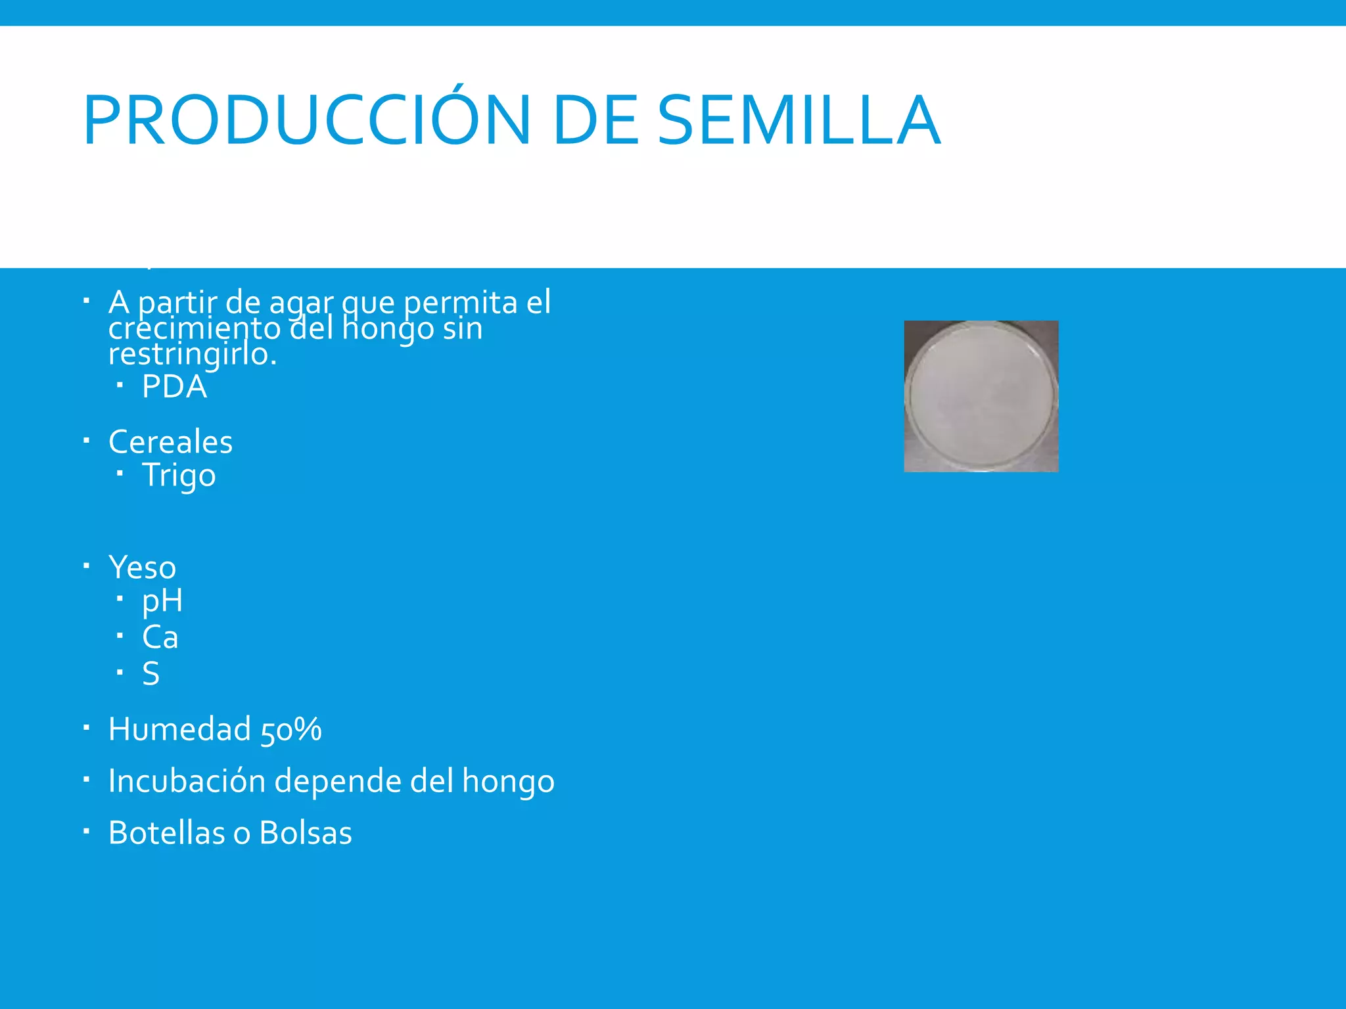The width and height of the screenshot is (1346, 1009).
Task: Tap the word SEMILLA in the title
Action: pyautogui.click(x=799, y=120)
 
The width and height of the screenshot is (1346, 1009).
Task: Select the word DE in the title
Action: pyautogui.click(x=595, y=120)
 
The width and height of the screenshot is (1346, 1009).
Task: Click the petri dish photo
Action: pyautogui.click(x=981, y=396)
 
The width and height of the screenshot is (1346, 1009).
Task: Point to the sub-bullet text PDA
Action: pyautogui.click(x=174, y=386)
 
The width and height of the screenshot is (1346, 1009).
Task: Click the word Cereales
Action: pyautogui.click(x=170, y=441)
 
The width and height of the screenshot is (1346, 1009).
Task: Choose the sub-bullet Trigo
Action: pyautogui.click(x=179, y=475)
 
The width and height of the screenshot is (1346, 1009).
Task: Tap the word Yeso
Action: pyautogui.click(x=142, y=567)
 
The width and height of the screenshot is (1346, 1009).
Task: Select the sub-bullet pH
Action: pyautogui.click(x=162, y=600)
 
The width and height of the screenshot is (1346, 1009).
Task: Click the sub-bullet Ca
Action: pyautogui.click(x=160, y=637)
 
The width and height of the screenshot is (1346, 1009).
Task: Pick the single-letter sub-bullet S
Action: pyautogui.click(x=151, y=674)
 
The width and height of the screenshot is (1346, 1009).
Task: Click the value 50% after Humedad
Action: pyautogui.click(x=291, y=730)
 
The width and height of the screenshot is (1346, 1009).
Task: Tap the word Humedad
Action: pyautogui.click(x=179, y=729)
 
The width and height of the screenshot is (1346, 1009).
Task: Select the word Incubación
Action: pyautogui.click(x=187, y=781)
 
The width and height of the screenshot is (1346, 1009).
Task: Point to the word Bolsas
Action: pyautogui.click(x=306, y=833)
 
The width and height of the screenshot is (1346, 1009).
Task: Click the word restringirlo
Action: pyautogui.click(x=192, y=355)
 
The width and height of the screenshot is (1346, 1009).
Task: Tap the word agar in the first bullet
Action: pyautogui.click(x=302, y=303)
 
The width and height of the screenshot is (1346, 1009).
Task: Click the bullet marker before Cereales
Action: pyautogui.click(x=86, y=440)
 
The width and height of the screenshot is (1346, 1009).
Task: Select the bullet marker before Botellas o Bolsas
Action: pyautogui.click(x=86, y=832)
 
